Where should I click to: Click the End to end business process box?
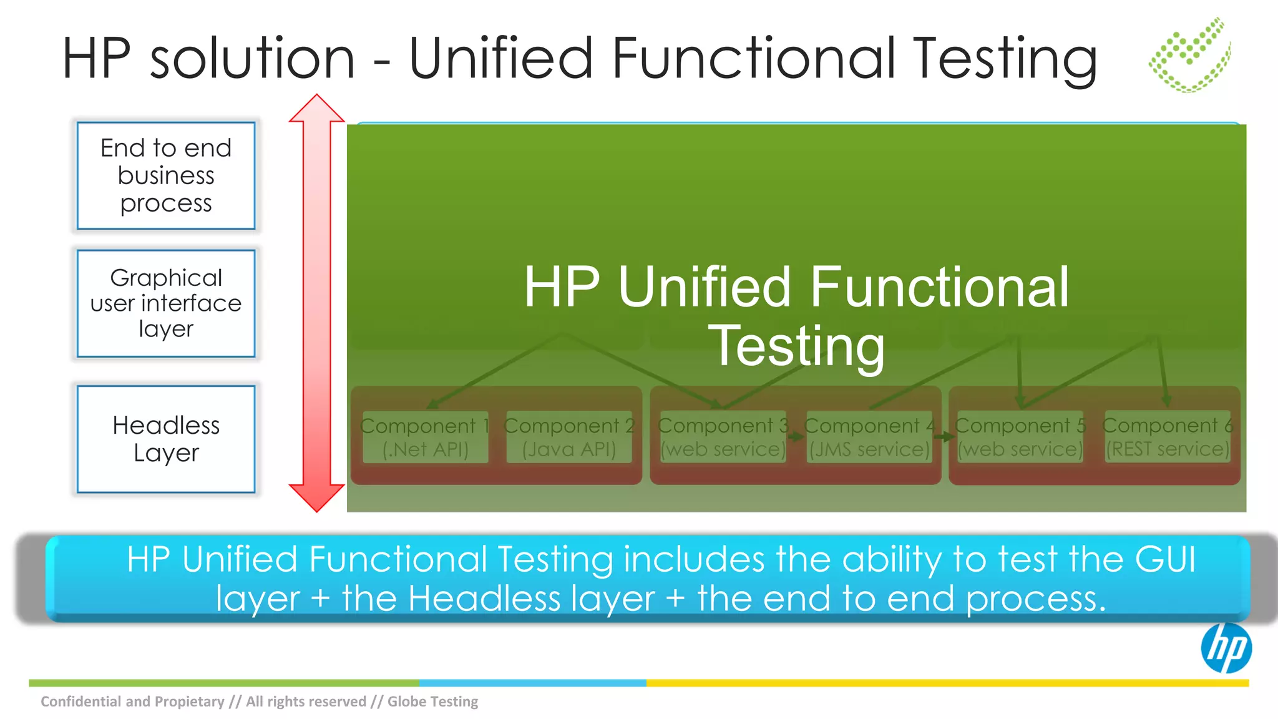pos(166,175)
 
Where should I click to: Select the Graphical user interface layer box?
pos(166,303)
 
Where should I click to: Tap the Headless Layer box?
pos(166,439)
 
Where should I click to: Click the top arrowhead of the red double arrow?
pos(316,109)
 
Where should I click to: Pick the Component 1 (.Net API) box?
pos(426,437)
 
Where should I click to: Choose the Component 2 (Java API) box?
pos(569,437)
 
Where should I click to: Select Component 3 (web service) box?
pos(723,437)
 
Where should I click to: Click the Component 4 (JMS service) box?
pos(869,437)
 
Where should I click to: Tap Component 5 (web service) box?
pos(1020,437)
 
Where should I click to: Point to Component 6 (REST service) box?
pos(1168,437)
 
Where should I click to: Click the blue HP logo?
pos(1226,648)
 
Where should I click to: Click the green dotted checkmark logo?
pos(1190,56)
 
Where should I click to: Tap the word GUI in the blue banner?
pos(1164,559)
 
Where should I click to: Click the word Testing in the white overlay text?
pos(797,346)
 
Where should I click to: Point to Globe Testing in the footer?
pos(432,702)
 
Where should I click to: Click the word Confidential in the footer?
pos(81,702)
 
